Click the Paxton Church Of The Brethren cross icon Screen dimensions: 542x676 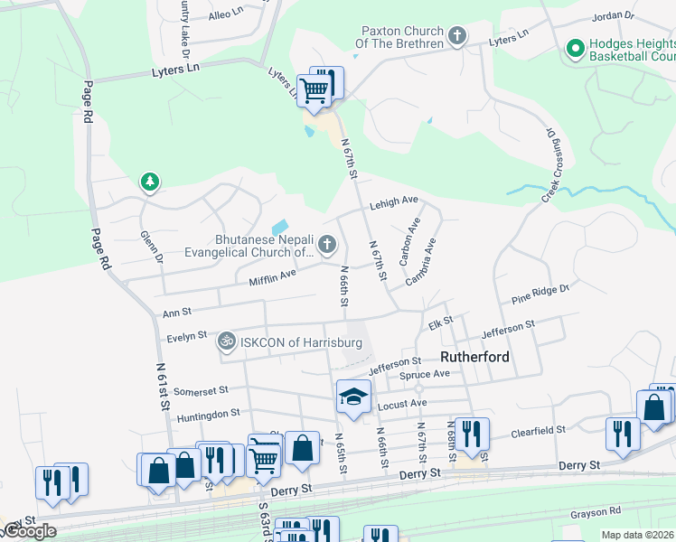click(457, 37)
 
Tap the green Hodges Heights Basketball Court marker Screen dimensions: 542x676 click(574, 49)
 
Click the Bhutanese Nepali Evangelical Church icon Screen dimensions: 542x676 click(326, 245)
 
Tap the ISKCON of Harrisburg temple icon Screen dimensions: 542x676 click(225, 342)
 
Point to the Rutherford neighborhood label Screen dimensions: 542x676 click(474, 357)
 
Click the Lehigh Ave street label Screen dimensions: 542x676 click(393, 203)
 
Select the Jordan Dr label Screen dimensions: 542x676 click(613, 17)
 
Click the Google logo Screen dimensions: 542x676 click(29, 531)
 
